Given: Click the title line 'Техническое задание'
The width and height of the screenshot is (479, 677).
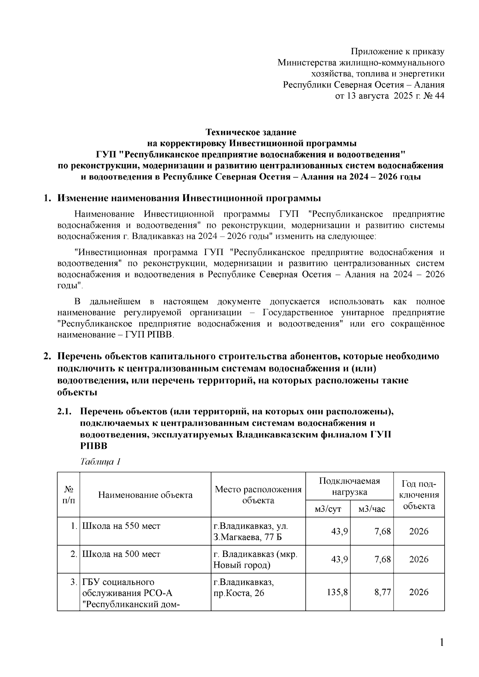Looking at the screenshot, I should click(x=251, y=132).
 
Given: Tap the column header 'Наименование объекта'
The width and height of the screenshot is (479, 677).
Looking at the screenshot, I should click(x=145, y=495).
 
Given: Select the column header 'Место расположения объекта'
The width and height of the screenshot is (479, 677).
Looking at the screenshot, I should click(x=258, y=495).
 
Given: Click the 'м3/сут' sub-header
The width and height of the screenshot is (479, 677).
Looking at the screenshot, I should click(x=328, y=509).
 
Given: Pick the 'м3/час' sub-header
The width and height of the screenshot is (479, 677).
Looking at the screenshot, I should click(x=372, y=509).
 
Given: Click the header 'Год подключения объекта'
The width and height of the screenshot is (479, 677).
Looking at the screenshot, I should click(x=419, y=495).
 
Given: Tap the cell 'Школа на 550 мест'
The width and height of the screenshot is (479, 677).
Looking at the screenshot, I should click(x=121, y=526).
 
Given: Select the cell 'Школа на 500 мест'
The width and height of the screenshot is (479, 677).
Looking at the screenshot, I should click(x=121, y=554).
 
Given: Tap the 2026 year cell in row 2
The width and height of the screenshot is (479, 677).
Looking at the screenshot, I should click(x=419, y=559).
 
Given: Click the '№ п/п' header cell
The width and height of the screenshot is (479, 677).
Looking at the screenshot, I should click(x=68, y=495).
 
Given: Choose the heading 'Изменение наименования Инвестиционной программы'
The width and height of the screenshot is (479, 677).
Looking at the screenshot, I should click(x=189, y=198).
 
